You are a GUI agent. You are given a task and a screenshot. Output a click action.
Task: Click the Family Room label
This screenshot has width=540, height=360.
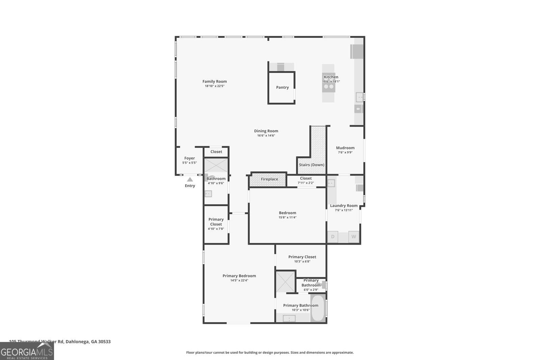coord(214,81)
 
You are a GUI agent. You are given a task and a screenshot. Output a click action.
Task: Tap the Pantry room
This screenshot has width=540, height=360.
coord(282,87)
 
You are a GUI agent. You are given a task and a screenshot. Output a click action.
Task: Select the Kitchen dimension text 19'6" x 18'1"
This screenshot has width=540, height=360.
coord(331,82)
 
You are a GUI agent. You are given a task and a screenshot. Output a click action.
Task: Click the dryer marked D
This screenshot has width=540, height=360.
coord(333,237)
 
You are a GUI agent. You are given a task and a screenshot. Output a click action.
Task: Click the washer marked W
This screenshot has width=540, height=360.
coord(354,237)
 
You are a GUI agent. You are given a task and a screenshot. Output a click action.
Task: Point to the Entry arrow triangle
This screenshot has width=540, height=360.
coord(190,179)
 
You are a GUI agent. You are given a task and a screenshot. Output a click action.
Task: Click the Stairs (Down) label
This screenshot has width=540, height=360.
coord(312,165)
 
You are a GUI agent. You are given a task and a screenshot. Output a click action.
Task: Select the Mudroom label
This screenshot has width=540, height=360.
coord(345,148)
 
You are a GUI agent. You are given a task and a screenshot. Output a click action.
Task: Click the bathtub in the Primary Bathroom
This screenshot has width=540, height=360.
coord(317,308)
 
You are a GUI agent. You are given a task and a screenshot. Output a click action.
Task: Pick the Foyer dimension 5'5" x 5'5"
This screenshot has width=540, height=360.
coord(189,163)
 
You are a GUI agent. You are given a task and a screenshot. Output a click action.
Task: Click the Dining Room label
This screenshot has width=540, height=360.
coord(266,131)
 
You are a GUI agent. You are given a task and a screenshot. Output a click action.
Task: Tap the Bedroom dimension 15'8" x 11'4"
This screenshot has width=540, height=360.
coord(287,218)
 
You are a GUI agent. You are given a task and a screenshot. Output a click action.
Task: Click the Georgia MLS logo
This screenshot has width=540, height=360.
coord(27,351)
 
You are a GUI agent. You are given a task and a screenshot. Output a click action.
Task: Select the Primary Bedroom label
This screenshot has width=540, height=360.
coord(239,276)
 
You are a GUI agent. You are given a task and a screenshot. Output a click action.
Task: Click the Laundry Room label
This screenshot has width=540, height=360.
coord(344,205)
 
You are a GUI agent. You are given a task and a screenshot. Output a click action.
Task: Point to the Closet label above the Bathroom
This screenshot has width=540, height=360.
coord(216,152)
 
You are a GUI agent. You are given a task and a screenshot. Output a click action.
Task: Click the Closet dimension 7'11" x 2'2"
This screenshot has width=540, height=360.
coord(305,183)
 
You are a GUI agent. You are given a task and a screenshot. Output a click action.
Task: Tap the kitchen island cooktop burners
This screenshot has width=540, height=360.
coord(328,86)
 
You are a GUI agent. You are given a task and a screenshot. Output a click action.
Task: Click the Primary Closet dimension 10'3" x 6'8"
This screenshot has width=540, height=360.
coord(302,261)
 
